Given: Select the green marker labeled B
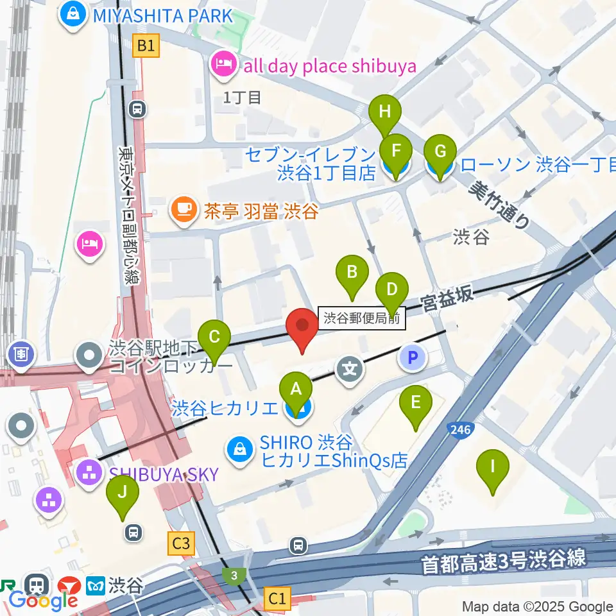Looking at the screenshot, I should coord(352,273).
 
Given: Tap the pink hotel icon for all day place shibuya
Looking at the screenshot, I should coord(223,65).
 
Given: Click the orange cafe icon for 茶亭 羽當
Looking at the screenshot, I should coord(184,210).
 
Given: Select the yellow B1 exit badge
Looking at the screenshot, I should coord(146,46).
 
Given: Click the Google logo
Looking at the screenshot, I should coord(44,601).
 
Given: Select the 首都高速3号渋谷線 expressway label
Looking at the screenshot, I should coord(504,560).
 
